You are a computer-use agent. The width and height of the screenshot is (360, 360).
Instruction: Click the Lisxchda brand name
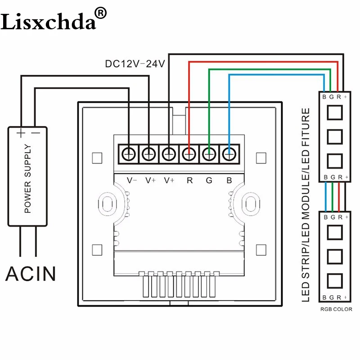pyautogui.click(x=48, y=21)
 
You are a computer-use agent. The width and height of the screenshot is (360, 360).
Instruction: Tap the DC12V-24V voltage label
pyautogui.click(x=135, y=64)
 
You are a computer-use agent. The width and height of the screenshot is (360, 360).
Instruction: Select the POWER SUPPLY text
pyautogui.click(x=27, y=178)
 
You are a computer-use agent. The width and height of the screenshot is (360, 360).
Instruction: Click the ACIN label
pyautogui.click(x=31, y=274)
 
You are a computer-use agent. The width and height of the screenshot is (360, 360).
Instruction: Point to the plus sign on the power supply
pyautogui.click(x=21, y=133)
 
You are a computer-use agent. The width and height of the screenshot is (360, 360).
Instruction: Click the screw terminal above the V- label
pyautogui.click(x=129, y=154)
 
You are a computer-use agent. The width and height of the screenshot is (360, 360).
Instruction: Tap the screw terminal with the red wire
pyautogui.click(x=189, y=154)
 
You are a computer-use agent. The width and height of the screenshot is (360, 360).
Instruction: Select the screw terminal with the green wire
pyautogui.click(x=209, y=154)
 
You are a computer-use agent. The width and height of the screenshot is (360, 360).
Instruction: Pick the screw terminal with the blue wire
pyautogui.click(x=229, y=154)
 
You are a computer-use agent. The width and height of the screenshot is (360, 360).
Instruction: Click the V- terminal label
pyautogui.click(x=132, y=180)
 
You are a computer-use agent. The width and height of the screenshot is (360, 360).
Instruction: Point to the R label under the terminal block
pyautogui.click(x=189, y=180)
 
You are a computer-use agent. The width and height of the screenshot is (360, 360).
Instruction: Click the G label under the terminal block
pyautogui.click(x=209, y=180)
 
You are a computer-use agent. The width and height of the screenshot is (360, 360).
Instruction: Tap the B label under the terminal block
pyautogui.click(x=229, y=180)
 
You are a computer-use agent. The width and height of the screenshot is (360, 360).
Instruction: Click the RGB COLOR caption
pyautogui.click(x=336, y=309)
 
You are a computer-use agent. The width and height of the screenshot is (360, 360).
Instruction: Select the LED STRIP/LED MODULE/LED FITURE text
pyautogui.click(x=306, y=205)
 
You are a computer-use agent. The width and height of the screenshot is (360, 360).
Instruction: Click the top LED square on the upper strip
pyautogui.click(x=335, y=112)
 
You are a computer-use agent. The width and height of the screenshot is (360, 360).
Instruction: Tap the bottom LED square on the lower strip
pyautogui.click(x=335, y=281)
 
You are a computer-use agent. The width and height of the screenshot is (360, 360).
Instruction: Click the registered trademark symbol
pyautogui.click(x=100, y=13)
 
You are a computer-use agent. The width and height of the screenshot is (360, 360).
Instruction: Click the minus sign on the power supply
pyautogui.click(x=36, y=133)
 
